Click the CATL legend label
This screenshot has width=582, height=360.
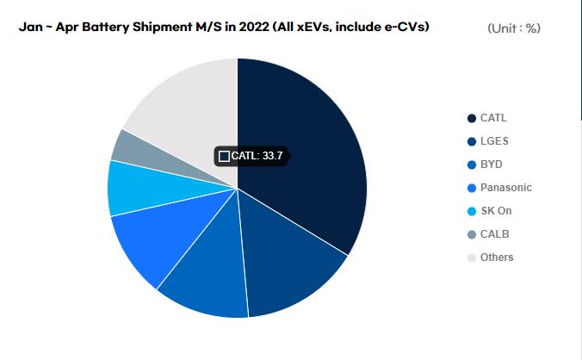(493, 118)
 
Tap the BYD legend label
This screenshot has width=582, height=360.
(492, 164)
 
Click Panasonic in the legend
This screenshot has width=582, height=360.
(505, 188)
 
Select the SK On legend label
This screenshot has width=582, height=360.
(497, 211)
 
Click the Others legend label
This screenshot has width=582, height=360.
(497, 258)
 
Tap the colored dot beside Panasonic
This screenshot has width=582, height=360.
(471, 188)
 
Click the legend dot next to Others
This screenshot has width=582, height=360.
(471, 258)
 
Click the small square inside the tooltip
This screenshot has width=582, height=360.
(225, 156)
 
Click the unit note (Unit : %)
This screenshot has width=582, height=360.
(514, 28)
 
